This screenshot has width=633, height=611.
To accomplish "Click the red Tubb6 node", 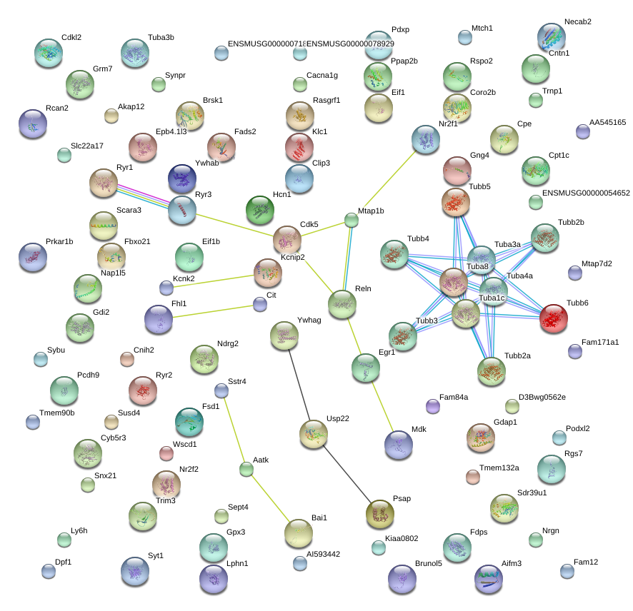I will click(x=553, y=318).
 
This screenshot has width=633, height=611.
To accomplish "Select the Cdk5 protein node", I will click(x=287, y=239).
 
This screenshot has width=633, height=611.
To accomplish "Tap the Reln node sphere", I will click(x=342, y=304).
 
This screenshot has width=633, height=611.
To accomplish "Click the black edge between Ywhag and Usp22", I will click(x=299, y=385).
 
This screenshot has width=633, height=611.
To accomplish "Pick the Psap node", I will click(x=379, y=512).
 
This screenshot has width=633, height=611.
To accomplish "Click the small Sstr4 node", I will click(x=221, y=390).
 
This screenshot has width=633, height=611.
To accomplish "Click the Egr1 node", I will click(x=366, y=367).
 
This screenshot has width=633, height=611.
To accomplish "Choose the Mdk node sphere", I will click(x=398, y=445).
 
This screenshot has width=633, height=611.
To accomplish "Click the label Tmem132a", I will click(x=499, y=468).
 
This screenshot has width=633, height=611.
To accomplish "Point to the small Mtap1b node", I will click(x=352, y=221).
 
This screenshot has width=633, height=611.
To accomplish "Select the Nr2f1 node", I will click(x=425, y=138).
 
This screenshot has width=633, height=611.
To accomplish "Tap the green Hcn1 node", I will click(x=259, y=210).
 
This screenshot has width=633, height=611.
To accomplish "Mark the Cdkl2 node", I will click(x=49, y=52).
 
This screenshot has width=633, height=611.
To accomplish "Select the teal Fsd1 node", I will click(x=189, y=422).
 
